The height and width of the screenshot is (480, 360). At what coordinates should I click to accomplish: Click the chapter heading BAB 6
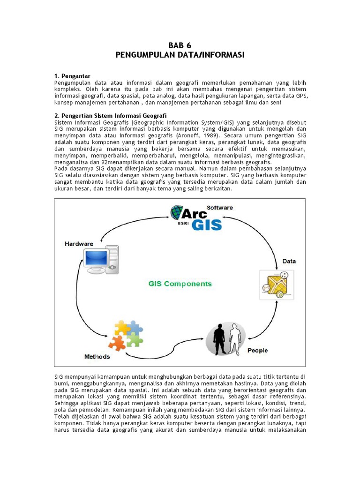click(x=180, y=45)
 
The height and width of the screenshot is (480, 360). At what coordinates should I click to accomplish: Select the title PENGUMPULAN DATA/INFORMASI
click(x=180, y=55)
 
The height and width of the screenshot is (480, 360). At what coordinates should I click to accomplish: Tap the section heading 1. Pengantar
click(x=72, y=76)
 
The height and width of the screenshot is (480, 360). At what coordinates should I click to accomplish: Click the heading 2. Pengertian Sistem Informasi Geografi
click(x=110, y=116)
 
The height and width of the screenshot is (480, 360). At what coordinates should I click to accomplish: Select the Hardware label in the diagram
click(x=79, y=244)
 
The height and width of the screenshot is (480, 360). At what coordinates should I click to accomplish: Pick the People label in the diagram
click(x=257, y=350)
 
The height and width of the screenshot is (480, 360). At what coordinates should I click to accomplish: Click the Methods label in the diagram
click(x=97, y=356)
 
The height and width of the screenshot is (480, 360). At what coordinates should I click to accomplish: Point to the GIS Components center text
click(x=180, y=284)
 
